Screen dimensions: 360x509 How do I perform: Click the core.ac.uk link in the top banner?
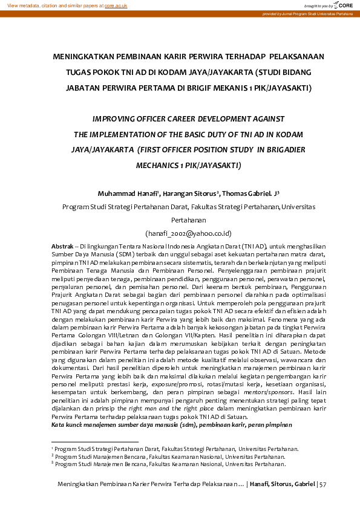116,5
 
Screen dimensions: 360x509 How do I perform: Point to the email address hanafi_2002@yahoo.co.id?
189,233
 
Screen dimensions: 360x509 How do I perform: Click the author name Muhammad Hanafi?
127,193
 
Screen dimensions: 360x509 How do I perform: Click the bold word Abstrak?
62,247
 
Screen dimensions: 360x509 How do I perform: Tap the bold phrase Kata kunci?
67,424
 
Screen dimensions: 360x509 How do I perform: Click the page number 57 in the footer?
322,484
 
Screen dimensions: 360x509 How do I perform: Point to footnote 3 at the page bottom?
175,464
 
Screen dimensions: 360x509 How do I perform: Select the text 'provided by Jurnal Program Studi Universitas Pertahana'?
307,13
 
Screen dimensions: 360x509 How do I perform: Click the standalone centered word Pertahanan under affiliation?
189,221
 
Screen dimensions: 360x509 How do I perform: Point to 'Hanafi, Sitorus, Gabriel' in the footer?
282,484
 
